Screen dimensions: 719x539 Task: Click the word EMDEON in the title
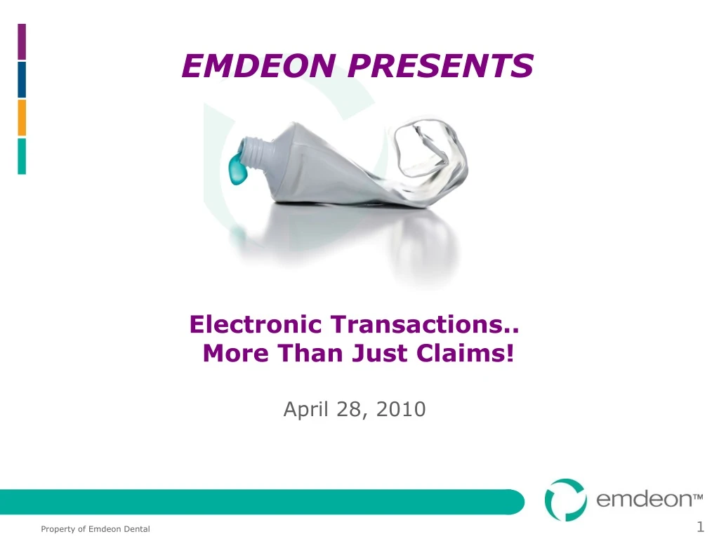coord(259,65)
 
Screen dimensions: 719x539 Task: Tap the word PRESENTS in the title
coord(440,65)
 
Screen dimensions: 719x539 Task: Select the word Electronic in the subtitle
coord(256,324)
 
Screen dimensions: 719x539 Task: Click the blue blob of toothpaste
coord(237,168)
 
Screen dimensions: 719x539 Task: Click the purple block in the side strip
coord(22,41)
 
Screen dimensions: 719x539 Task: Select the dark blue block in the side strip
coord(22,80)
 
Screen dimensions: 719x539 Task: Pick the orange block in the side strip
coord(22,118)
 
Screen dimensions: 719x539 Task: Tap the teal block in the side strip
coord(22,157)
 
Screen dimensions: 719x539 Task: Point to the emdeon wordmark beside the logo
coord(649,499)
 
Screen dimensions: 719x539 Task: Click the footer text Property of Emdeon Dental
coord(95,529)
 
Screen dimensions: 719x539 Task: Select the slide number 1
coord(700,526)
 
